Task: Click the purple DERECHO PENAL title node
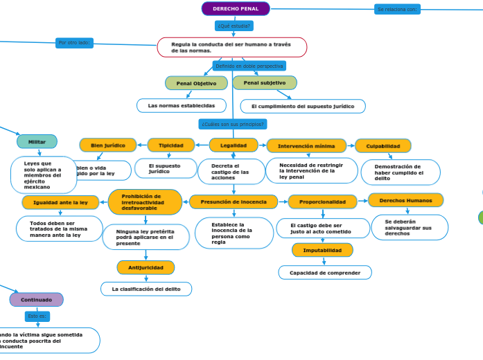[x=236, y=9]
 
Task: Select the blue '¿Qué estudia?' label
[x=234, y=26]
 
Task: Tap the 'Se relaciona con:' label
[x=398, y=9]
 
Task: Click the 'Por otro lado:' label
[x=74, y=43]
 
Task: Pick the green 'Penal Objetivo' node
[x=196, y=83]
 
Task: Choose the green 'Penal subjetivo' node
[x=265, y=82]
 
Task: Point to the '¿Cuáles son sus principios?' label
[x=232, y=124]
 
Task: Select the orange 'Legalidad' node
[x=234, y=145]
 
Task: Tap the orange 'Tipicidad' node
[x=171, y=145]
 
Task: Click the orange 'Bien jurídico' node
[x=107, y=145]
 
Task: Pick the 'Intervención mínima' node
[x=306, y=146]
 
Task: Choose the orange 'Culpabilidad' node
[x=383, y=146]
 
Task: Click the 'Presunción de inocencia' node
[x=233, y=201]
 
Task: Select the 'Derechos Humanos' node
[x=405, y=200]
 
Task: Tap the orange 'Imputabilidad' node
[x=322, y=250]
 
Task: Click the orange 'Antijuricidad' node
[x=146, y=267]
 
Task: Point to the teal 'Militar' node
[x=37, y=141]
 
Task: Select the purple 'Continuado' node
[x=36, y=300]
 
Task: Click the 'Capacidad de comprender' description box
[x=324, y=273]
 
